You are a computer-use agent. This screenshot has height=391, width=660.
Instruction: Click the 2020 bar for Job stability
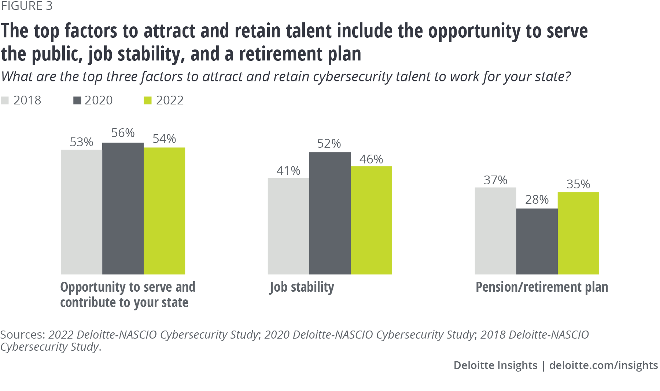pyautogui.click(x=330, y=213)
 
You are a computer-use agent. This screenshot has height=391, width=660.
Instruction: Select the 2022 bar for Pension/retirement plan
pyautogui.click(x=578, y=233)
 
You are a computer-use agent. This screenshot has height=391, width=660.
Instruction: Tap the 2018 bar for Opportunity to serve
pyautogui.click(x=81, y=212)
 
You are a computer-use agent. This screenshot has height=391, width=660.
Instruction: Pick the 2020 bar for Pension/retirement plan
pyautogui.click(x=537, y=241)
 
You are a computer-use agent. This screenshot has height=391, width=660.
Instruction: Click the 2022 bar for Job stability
pyautogui.click(x=371, y=220)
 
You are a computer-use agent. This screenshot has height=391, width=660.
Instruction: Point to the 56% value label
pyautogui.click(x=123, y=133)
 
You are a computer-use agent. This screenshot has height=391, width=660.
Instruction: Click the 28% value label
pyautogui.click(x=537, y=200)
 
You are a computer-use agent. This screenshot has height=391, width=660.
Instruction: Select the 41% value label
pyautogui.click(x=288, y=171)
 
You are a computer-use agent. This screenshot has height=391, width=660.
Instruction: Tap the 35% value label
pyautogui.click(x=578, y=184)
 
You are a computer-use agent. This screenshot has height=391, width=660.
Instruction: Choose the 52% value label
pyautogui.click(x=329, y=144)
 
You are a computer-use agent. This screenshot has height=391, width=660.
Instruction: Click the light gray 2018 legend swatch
pyautogui.click(x=5, y=100)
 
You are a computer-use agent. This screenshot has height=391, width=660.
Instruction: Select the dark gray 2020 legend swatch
pyautogui.click(x=77, y=100)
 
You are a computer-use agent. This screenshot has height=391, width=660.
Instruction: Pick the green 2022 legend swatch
pyautogui.click(x=148, y=100)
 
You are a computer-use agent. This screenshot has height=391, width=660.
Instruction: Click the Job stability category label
pyautogui.click(x=302, y=287)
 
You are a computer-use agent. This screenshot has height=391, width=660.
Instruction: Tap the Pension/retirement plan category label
pyautogui.click(x=542, y=287)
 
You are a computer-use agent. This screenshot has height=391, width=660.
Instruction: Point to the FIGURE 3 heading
pyautogui.click(x=26, y=6)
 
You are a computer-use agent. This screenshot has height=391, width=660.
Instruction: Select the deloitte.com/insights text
pyautogui.click(x=604, y=365)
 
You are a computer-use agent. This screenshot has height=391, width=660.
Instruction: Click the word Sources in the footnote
pyautogui.click(x=22, y=335)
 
